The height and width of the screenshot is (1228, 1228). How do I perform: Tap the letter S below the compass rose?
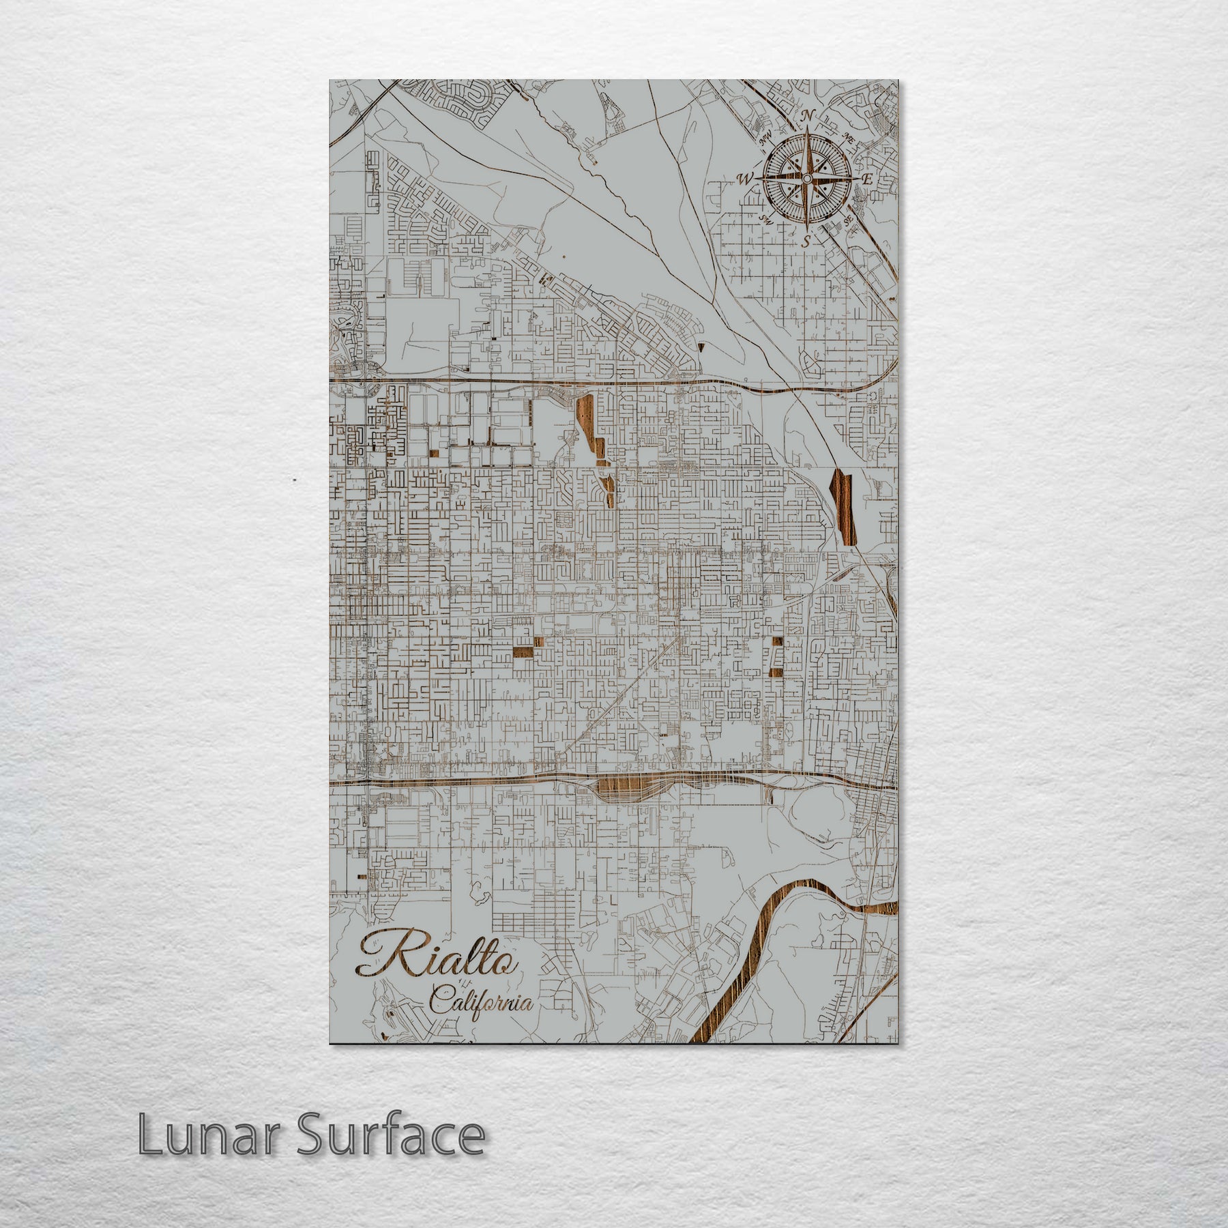pos(806,240)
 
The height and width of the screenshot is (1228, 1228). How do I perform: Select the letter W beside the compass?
pos(744,179)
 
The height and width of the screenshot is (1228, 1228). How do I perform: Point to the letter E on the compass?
pos(868,179)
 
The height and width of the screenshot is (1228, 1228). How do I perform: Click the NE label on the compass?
pos(849,137)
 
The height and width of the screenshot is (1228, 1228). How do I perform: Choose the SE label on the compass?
pos(848,220)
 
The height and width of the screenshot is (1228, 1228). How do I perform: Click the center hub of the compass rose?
pos(806,179)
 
